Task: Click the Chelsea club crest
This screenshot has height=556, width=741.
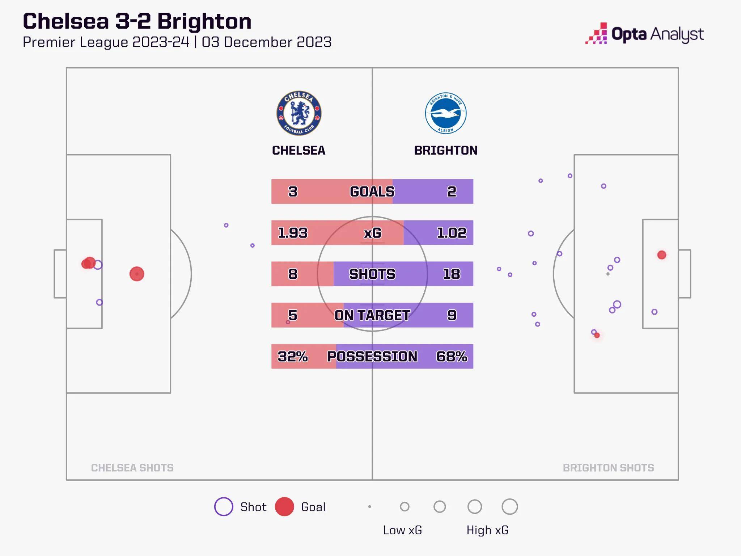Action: tap(299, 113)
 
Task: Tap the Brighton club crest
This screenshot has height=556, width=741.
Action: tap(446, 113)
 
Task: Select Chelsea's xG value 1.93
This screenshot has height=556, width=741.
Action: tap(293, 233)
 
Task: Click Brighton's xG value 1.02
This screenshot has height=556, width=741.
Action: tap(452, 233)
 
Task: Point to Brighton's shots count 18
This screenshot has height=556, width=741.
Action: tap(452, 274)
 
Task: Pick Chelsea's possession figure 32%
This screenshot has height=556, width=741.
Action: tap(293, 357)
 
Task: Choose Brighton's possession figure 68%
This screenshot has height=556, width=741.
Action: tap(452, 357)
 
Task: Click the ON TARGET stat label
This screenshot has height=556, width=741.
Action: tap(372, 315)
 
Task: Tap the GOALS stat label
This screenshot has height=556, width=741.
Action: tap(372, 191)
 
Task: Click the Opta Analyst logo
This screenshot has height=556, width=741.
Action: tap(644, 34)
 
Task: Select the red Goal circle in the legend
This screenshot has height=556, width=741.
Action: tap(284, 507)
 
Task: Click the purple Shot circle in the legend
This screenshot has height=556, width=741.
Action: tap(224, 507)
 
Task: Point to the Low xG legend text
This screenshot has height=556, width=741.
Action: tap(402, 530)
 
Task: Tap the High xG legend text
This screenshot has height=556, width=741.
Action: tap(487, 530)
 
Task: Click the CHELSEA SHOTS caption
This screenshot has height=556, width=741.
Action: tap(132, 468)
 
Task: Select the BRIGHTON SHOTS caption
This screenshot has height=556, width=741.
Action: tap(608, 468)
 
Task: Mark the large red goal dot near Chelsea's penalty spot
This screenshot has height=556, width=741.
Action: tap(137, 274)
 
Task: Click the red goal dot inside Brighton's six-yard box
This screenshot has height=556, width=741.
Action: tap(662, 255)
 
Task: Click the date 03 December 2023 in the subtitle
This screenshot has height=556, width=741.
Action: tap(267, 42)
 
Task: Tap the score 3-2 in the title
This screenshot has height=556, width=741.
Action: tap(133, 21)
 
